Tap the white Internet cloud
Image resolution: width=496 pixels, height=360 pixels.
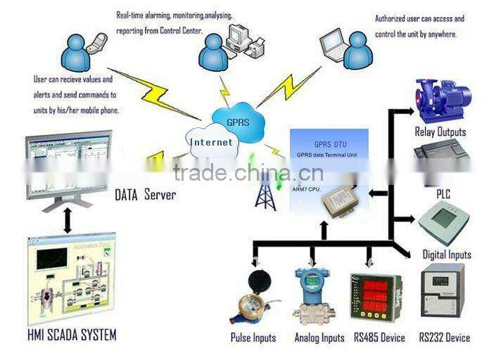pos(210,141)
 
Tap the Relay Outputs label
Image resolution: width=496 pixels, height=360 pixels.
pos(440,131)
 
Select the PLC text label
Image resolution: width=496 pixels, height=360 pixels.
pos(443,191)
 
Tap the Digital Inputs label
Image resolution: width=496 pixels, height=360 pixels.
pos(447,255)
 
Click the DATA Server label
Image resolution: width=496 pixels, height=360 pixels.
pos(145,195)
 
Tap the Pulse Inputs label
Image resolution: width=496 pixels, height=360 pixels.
pos(253,337)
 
